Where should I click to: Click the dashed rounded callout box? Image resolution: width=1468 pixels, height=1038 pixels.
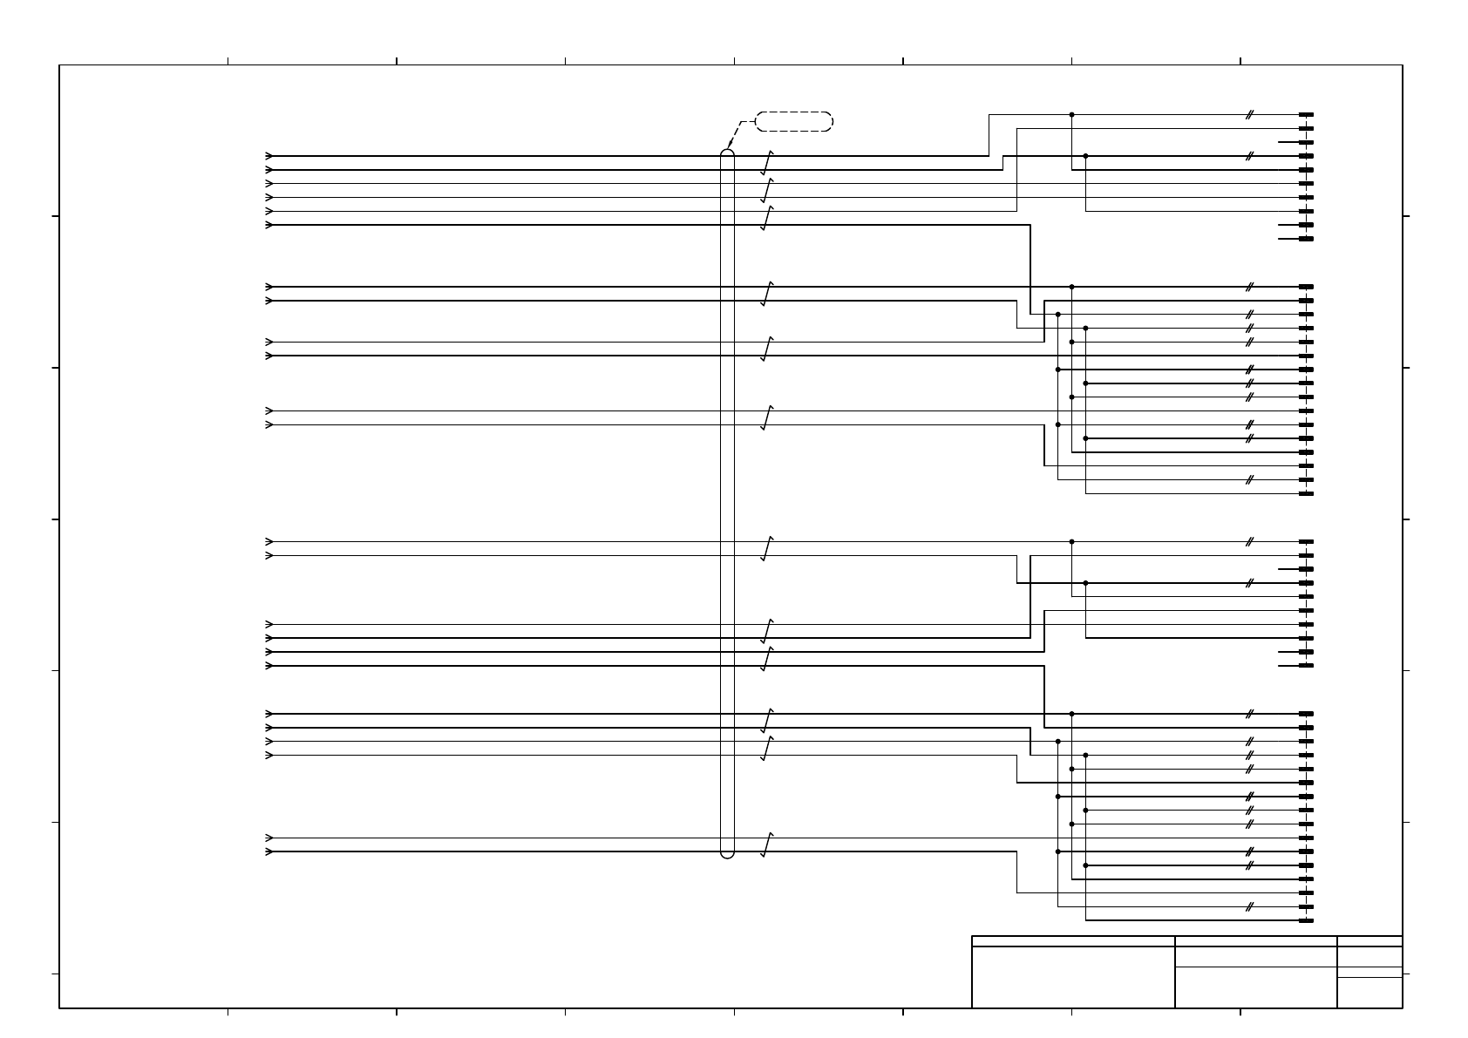[793, 121]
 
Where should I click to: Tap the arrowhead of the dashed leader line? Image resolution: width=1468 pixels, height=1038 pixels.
[730, 146]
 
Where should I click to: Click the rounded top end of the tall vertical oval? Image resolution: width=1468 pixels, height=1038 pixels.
[727, 153]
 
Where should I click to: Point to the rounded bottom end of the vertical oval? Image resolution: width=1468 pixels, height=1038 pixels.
[727, 854]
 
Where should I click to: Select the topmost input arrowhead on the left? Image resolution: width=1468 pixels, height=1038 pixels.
[269, 156]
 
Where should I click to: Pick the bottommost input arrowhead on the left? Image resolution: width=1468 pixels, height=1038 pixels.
[269, 851]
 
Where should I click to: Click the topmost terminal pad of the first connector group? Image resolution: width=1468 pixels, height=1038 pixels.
[1306, 114]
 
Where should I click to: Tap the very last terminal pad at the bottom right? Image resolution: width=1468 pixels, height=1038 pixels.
[1306, 920]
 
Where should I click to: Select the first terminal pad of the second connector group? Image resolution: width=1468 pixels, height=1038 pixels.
[1306, 287]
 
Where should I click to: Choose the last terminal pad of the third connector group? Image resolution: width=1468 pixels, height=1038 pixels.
[1306, 666]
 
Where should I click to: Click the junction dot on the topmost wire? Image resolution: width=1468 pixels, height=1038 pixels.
[1071, 114]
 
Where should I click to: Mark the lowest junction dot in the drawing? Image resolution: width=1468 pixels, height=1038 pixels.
[1085, 865]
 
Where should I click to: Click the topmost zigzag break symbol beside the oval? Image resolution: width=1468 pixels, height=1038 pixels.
[766, 163]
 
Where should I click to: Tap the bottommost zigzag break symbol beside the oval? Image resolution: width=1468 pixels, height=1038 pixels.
[766, 845]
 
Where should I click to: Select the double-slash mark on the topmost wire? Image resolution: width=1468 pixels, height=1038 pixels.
[1249, 114]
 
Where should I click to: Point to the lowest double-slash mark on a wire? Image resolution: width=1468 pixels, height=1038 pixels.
[1249, 906]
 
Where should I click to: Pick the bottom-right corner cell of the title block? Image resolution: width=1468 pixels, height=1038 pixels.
[1369, 993]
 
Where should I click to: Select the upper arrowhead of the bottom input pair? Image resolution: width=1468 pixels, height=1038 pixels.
[269, 838]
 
